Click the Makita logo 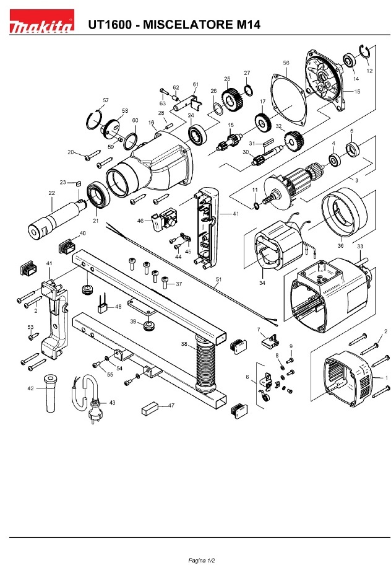41,25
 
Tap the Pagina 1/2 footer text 195,559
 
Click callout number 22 52,193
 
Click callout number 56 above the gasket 286,63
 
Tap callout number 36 340,245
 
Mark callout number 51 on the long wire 218,279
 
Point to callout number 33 359,245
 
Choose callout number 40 83,233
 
